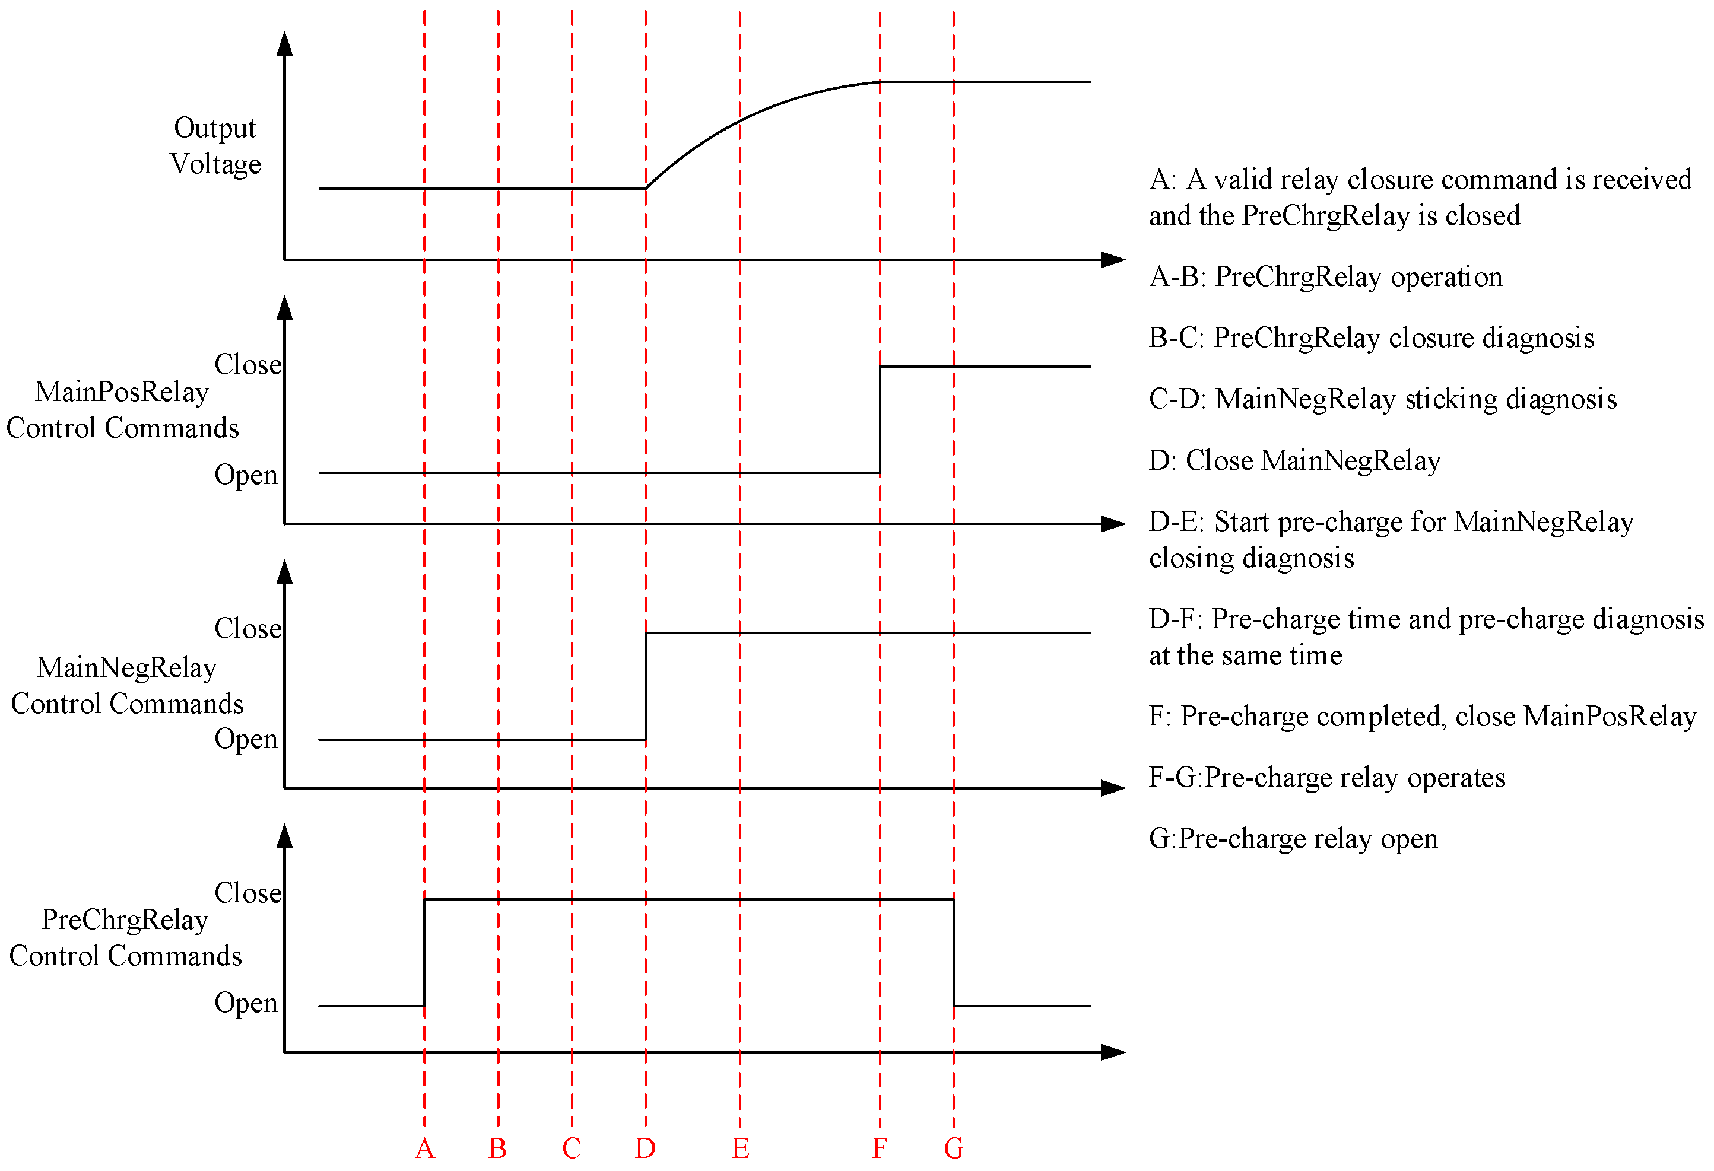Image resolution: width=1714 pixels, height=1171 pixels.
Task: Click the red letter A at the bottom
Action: (x=425, y=1148)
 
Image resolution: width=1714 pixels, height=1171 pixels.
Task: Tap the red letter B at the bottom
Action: (x=498, y=1148)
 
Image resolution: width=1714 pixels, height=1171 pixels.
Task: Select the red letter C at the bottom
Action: (x=572, y=1148)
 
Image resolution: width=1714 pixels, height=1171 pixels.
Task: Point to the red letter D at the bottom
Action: (x=645, y=1148)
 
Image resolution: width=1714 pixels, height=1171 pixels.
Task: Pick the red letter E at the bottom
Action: (x=741, y=1148)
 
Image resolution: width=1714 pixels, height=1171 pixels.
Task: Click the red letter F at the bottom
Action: (x=879, y=1148)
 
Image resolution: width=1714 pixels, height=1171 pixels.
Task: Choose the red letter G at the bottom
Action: (x=954, y=1148)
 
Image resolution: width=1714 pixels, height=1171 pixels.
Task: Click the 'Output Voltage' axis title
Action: (x=215, y=146)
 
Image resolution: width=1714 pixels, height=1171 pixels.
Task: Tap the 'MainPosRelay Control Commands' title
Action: (x=122, y=410)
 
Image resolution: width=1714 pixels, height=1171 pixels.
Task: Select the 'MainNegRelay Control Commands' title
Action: (x=127, y=685)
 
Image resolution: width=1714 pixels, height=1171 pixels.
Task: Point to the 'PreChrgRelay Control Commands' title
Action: (x=125, y=937)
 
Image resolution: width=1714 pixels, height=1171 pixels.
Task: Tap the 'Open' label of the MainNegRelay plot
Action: (x=246, y=739)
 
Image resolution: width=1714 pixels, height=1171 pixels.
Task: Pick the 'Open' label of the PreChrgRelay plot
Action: (x=246, y=1003)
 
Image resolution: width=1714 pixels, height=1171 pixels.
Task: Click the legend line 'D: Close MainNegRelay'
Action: (x=1294, y=460)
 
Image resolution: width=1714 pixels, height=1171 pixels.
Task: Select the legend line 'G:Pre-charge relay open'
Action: (x=1293, y=838)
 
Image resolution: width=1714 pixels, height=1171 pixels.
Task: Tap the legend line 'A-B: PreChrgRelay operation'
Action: (x=1325, y=276)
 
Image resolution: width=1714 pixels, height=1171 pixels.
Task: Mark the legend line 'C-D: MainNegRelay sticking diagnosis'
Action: (x=1383, y=399)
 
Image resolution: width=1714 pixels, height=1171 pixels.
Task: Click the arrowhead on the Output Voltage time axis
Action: (x=1113, y=260)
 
